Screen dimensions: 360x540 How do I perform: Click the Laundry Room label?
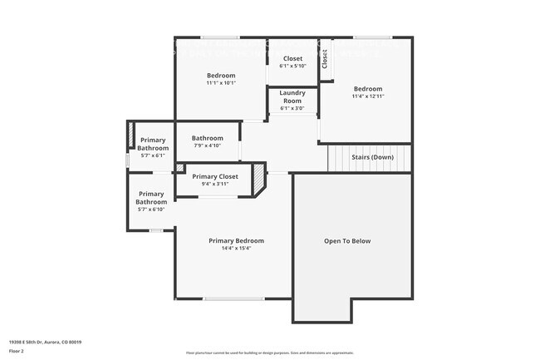292,96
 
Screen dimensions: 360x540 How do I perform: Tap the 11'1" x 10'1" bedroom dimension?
221,83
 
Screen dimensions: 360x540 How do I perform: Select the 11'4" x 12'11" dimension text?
367,96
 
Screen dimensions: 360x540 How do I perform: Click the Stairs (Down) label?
372,157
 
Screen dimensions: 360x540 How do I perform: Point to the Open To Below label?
347,241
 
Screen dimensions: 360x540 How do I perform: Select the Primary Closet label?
215,176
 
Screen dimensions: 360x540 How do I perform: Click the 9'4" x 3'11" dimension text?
215,184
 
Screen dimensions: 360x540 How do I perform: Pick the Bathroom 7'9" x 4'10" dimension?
207,145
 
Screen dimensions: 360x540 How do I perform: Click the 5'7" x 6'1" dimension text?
154,155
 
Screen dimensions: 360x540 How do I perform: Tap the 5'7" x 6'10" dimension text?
151,210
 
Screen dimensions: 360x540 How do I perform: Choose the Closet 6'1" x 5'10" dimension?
292,66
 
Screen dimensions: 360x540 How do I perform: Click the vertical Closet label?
325,60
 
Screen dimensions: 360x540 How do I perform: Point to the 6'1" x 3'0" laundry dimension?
292,108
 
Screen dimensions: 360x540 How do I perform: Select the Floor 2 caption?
17,351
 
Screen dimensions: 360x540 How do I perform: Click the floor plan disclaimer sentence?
269,353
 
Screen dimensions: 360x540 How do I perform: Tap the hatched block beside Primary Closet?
259,177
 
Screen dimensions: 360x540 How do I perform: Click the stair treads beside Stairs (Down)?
339,157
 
